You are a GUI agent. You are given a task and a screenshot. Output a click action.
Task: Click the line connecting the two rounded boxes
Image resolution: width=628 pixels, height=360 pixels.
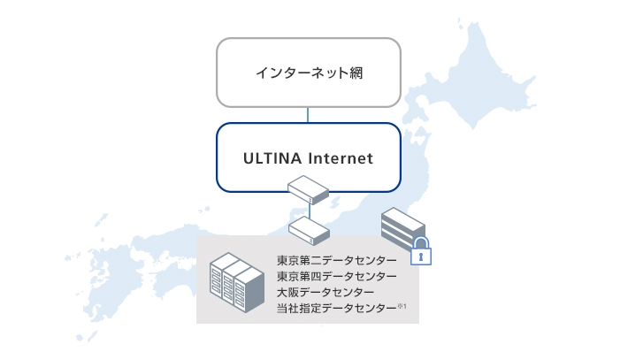308,113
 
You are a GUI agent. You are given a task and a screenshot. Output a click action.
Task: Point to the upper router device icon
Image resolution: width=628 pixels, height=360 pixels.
308,188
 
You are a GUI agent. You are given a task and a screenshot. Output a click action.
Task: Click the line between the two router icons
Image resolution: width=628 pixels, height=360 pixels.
308,209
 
